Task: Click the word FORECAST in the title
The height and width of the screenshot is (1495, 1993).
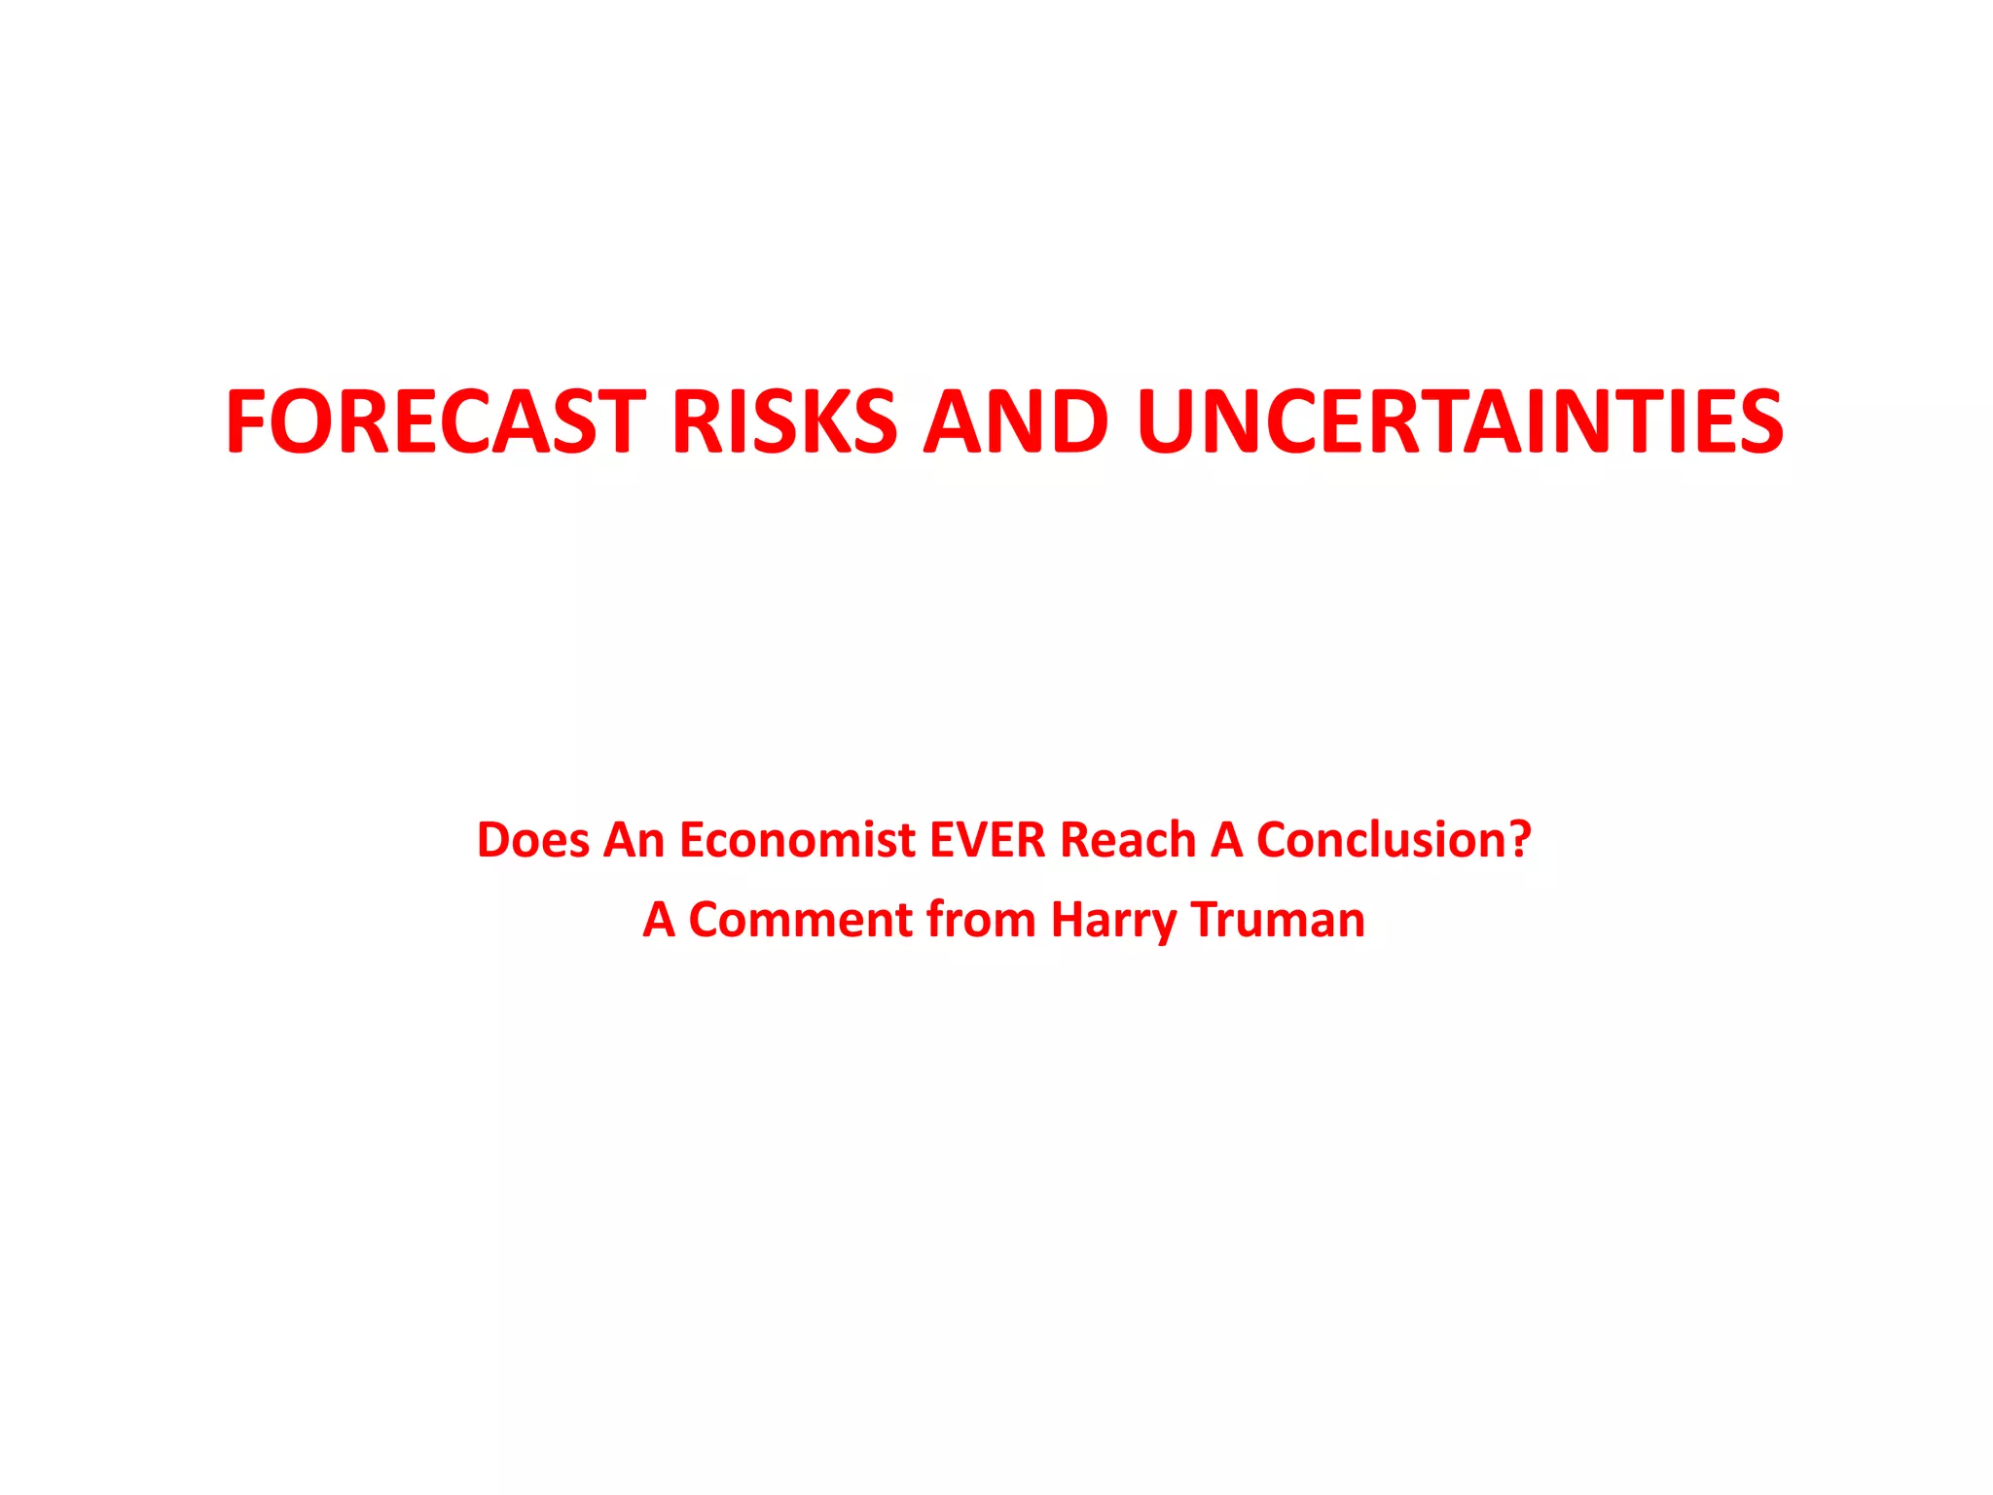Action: click(436, 421)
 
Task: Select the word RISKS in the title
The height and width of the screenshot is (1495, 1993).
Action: click(784, 421)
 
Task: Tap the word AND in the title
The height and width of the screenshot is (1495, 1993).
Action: click(1016, 421)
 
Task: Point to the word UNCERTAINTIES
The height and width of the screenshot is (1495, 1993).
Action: click(1460, 421)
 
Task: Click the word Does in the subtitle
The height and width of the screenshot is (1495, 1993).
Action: click(532, 840)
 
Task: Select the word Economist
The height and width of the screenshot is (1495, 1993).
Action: click(797, 840)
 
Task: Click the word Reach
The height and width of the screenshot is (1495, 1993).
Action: click(1128, 840)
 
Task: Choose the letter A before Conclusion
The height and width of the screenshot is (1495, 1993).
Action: click(1226, 840)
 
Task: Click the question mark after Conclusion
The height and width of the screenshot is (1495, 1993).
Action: click(1519, 840)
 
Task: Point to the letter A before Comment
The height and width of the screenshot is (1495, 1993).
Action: click(659, 920)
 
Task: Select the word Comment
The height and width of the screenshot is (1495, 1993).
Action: click(801, 920)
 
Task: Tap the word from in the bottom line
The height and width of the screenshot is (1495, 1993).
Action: click(981, 920)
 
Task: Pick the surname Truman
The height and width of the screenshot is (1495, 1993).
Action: click(1278, 920)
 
